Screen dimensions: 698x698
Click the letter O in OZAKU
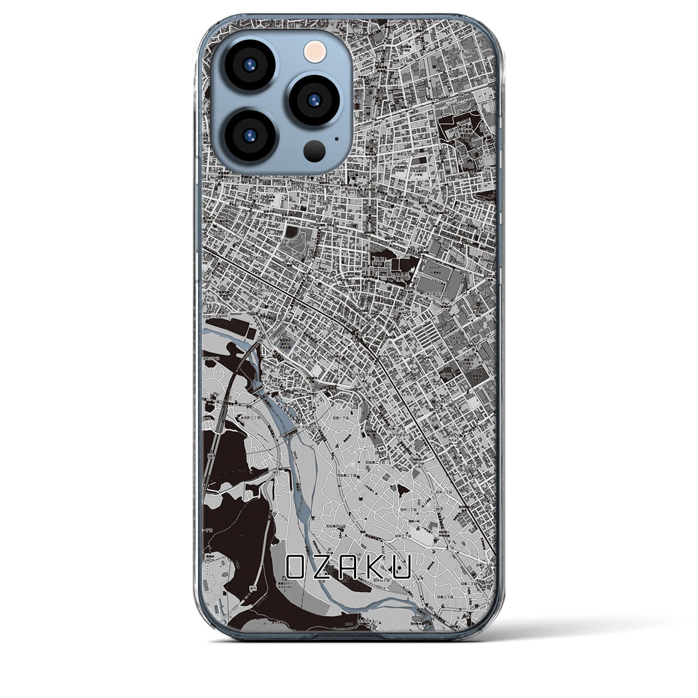[x=298, y=567]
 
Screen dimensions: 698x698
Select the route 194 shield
[x=255, y=196]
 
